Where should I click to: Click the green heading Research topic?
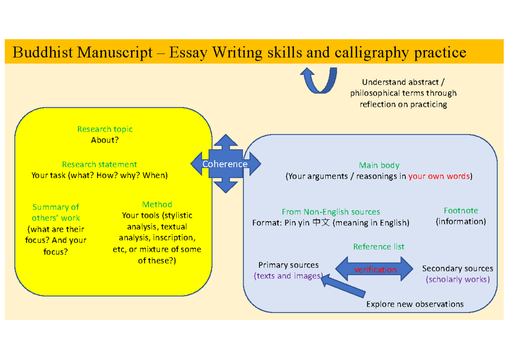(105, 129)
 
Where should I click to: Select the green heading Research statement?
(99, 164)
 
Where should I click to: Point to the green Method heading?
(157, 204)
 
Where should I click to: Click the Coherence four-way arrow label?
(225, 164)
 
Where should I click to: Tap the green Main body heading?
(379, 165)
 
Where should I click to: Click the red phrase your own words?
(439, 176)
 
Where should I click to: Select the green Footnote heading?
(461, 210)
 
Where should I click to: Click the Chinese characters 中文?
(321, 223)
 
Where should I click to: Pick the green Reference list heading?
(379, 246)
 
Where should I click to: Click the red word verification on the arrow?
(375, 270)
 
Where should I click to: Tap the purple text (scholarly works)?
(458, 279)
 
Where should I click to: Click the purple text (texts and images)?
(288, 276)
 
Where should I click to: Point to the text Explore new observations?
(414, 304)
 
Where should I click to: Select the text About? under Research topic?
(105, 140)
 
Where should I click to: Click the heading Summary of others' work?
(56, 212)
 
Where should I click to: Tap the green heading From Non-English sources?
(331, 212)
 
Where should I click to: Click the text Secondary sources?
(458, 268)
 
